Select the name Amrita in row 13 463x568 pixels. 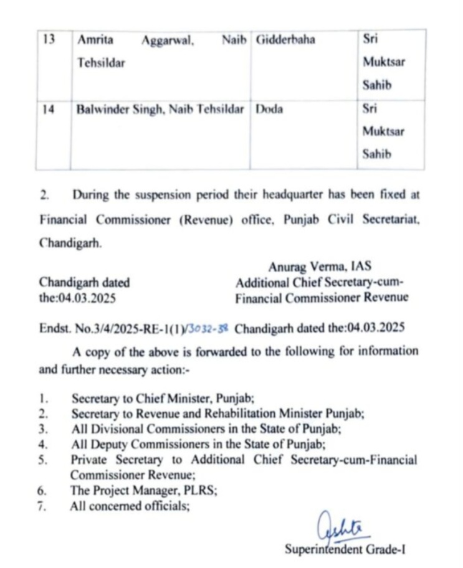95,40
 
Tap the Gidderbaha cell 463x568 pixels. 285,40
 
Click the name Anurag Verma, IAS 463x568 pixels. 320,267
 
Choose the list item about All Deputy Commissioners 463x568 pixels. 180,444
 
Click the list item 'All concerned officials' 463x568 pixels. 130,506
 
